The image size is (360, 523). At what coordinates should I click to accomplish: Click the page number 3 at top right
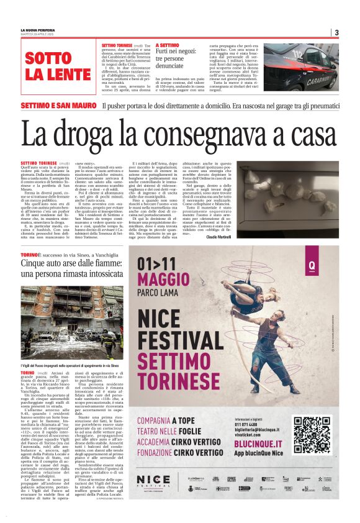[x=336, y=32]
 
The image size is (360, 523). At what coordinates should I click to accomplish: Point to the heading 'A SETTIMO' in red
[x=168, y=46]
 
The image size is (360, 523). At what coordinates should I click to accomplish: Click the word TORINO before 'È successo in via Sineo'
[x=30, y=255]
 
